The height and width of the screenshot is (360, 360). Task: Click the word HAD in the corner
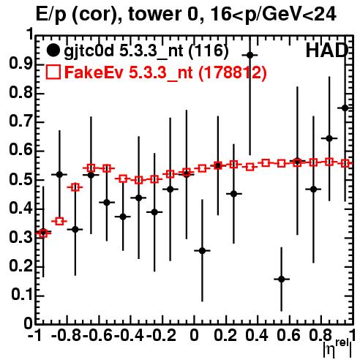click(327, 50)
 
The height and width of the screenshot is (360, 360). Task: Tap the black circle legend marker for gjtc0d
click(53, 50)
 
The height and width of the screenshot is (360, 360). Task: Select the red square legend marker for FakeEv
click(53, 72)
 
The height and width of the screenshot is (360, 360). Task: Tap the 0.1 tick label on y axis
click(21, 295)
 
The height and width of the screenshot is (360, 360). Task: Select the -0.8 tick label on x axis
click(67, 336)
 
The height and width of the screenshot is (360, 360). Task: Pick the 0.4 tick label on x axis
click(257, 336)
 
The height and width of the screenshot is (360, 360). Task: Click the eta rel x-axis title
click(338, 348)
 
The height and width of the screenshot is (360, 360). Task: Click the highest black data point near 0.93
click(250, 56)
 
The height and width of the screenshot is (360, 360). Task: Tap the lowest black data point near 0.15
click(282, 279)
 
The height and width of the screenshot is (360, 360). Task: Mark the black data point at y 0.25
click(202, 250)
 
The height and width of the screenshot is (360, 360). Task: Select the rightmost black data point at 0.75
click(345, 108)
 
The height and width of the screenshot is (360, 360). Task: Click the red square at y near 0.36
click(59, 222)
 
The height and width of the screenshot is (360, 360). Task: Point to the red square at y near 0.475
click(75, 187)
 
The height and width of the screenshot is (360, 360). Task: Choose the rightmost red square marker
click(345, 163)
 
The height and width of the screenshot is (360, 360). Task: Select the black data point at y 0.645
click(329, 138)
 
